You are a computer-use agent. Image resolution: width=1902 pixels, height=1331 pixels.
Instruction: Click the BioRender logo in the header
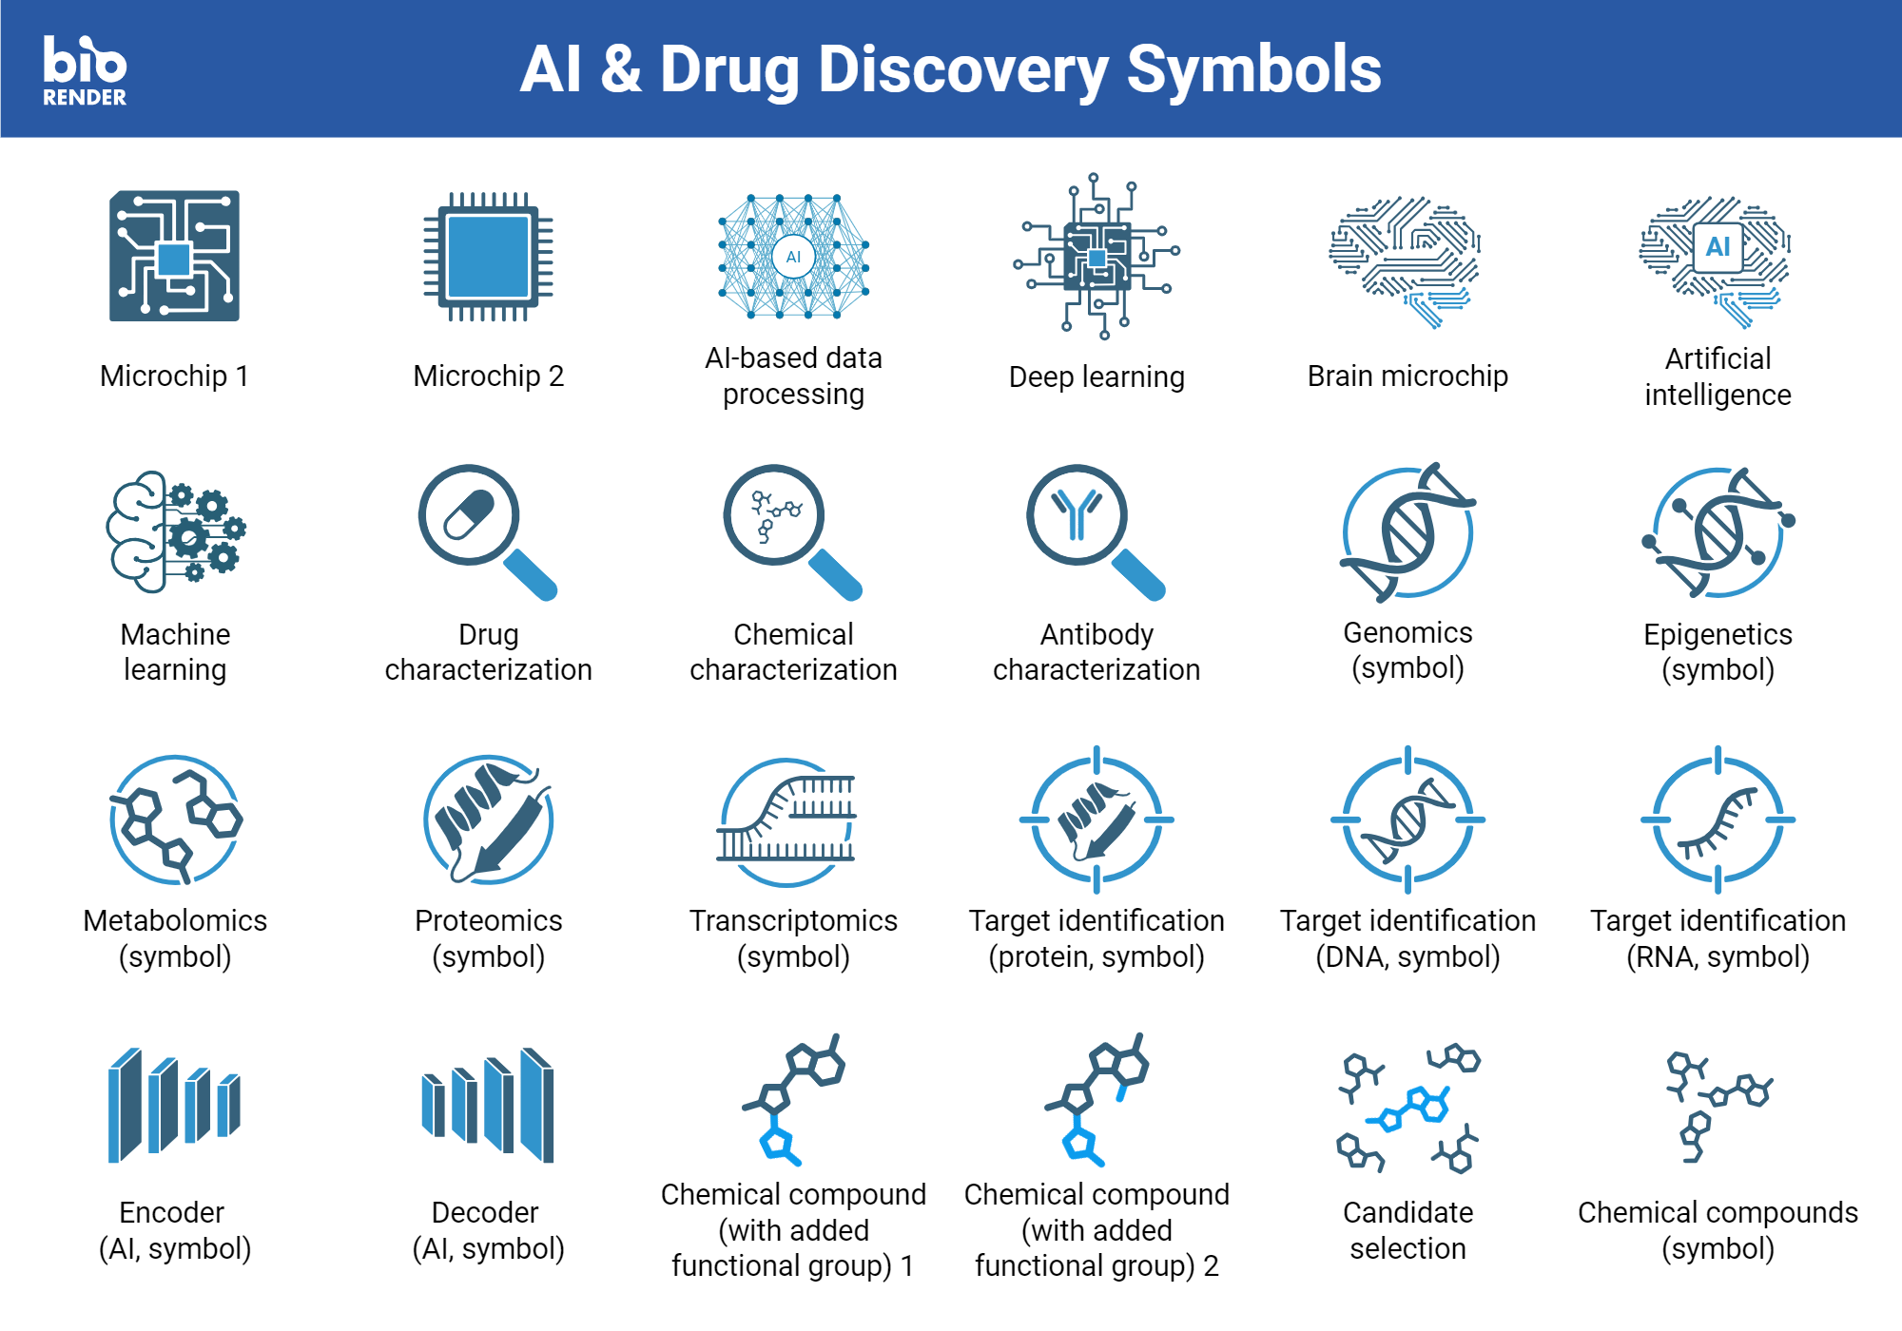85,69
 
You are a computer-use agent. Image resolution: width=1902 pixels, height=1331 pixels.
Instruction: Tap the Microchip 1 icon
174,256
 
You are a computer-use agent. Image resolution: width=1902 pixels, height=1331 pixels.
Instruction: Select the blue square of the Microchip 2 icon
488,257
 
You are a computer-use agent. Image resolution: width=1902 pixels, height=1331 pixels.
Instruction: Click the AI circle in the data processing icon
793,257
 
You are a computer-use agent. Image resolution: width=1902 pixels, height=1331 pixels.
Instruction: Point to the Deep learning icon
1096,257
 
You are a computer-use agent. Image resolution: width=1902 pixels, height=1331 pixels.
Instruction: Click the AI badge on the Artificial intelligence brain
1718,247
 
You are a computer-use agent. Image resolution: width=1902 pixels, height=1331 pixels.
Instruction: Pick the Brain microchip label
1407,376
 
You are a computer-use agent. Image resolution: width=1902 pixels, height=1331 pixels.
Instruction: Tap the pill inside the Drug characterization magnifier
469,514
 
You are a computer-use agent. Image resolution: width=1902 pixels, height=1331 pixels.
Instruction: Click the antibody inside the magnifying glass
1077,514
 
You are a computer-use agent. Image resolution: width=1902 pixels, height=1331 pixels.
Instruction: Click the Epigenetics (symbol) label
1718,652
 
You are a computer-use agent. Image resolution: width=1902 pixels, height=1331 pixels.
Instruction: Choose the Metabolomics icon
175,820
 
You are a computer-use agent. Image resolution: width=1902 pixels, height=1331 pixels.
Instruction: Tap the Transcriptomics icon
787,820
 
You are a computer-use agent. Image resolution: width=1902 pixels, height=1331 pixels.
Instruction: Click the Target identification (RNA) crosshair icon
1718,820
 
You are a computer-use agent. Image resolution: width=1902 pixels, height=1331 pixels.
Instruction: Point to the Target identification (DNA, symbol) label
1407,938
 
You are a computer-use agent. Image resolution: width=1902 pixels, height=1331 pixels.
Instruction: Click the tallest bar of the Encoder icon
125,1106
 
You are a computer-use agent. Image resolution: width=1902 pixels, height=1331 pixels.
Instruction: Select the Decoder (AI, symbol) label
488,1230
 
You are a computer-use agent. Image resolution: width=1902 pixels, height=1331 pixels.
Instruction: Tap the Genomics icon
1407,532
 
